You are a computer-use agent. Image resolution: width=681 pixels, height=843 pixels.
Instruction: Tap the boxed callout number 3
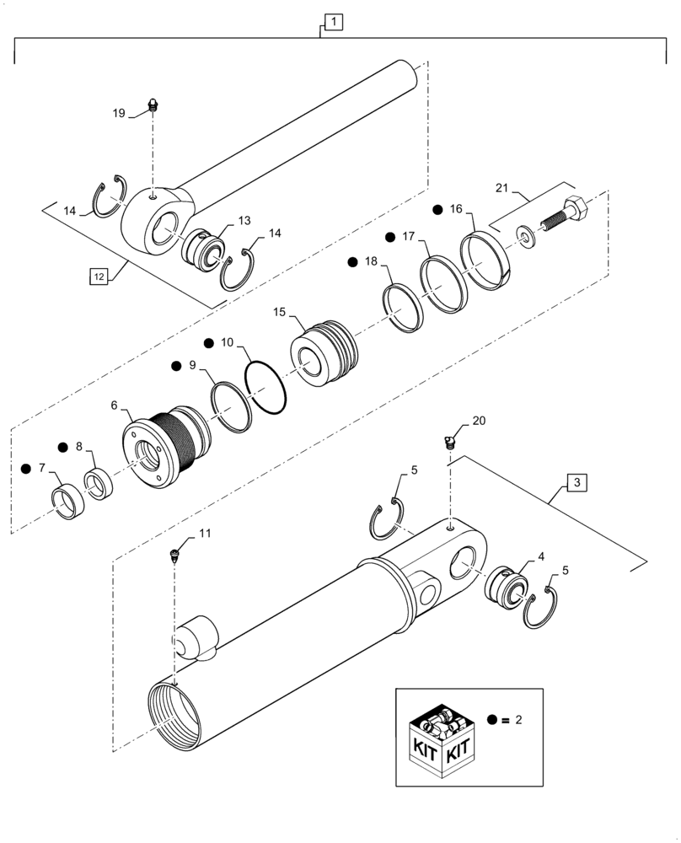575,482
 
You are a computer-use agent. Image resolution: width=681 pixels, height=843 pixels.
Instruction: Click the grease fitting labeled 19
153,105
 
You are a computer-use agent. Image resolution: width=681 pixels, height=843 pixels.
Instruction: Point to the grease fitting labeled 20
449,439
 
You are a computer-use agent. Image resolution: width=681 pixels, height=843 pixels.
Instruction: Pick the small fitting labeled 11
175,554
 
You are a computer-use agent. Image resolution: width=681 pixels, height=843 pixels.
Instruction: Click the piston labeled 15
324,353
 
